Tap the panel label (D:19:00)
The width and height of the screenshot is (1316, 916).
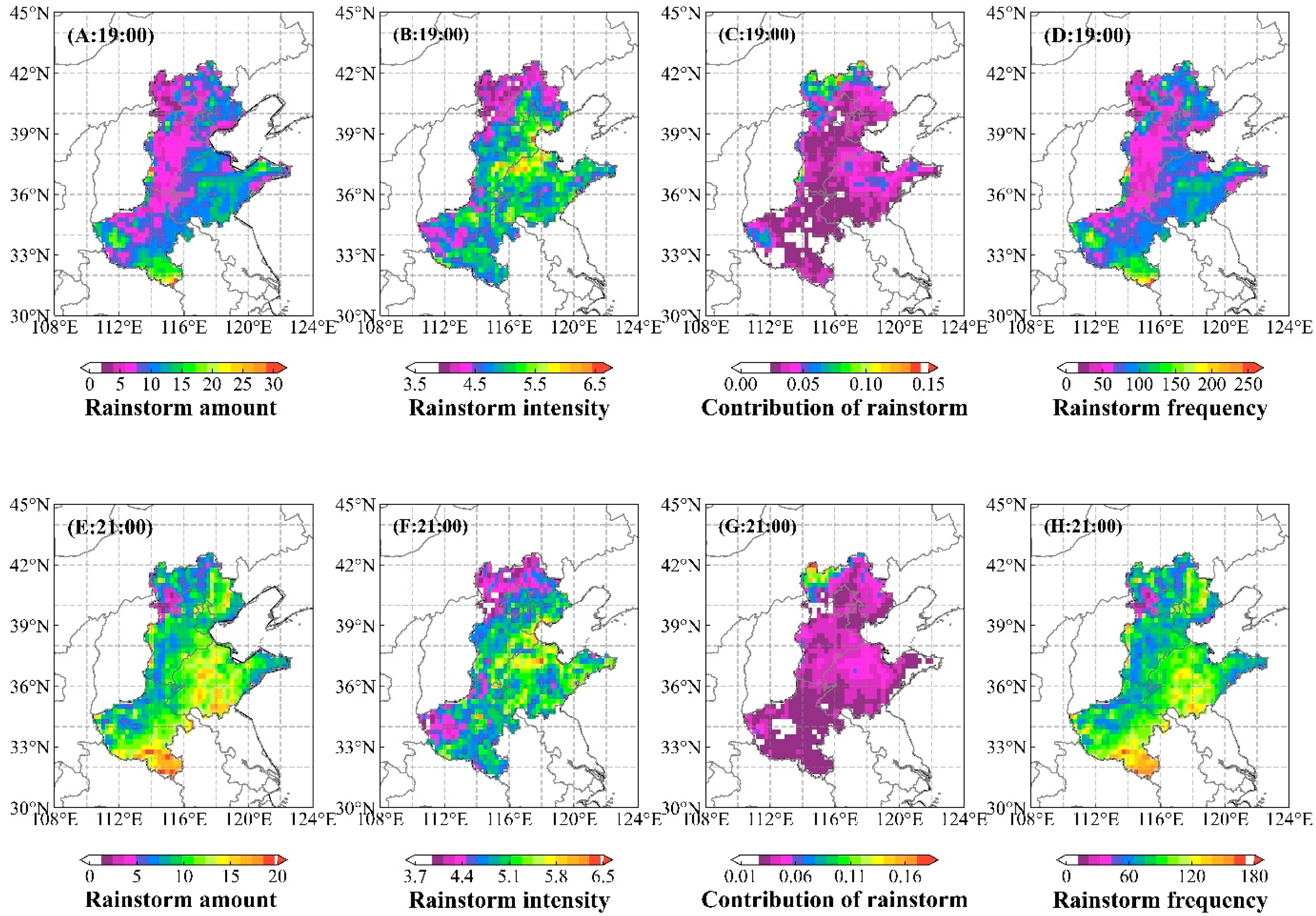click(x=1087, y=36)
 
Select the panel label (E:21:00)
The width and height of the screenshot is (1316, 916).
click(x=110, y=527)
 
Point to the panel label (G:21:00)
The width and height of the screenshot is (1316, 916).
click(x=757, y=527)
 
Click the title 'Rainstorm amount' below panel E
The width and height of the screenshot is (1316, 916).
click(x=181, y=900)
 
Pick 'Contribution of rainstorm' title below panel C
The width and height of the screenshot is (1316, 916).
click(x=835, y=408)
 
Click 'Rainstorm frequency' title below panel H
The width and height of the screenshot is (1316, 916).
click(x=1160, y=900)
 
